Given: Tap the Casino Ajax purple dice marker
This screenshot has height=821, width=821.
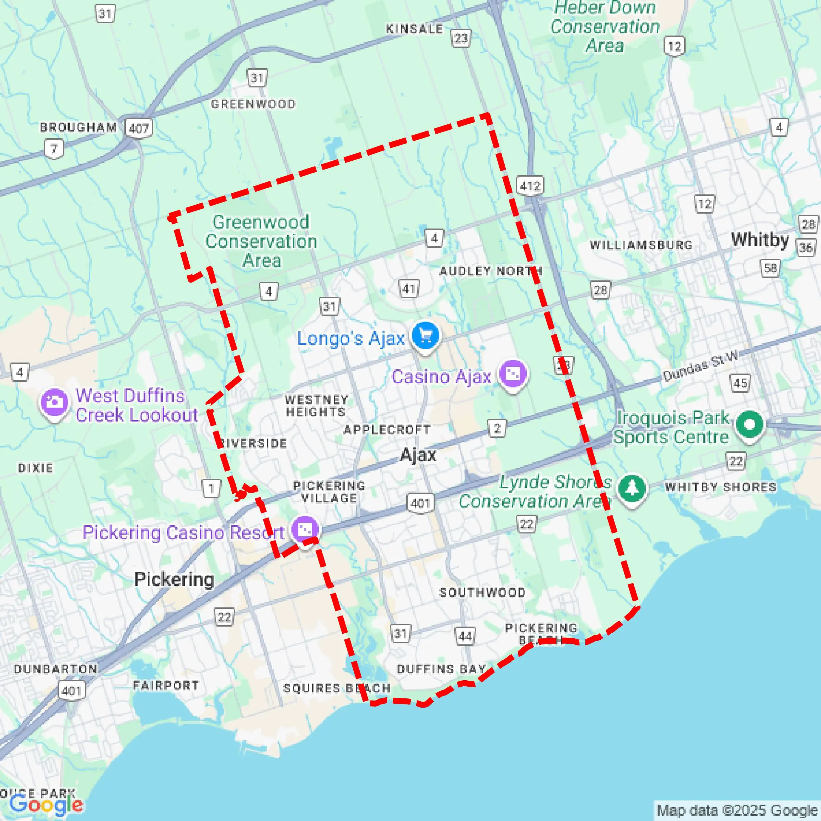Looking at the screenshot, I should (x=513, y=374).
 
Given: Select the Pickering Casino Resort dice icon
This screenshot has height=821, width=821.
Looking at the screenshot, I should (x=305, y=530).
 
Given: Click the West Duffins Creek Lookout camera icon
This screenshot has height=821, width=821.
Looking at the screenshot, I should (x=54, y=402).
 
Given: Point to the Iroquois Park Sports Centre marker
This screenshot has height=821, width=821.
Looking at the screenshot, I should (x=750, y=424).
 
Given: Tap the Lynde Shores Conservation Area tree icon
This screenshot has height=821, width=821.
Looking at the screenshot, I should (x=632, y=488).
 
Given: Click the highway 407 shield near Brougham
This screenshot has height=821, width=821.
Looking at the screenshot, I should (x=139, y=128).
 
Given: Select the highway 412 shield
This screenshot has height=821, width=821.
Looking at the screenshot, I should (x=530, y=186).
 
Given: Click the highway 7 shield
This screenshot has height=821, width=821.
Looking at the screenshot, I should (x=54, y=149).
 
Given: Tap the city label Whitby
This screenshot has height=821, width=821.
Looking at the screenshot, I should (x=760, y=240).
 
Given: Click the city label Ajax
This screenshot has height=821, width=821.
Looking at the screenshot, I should (x=418, y=455).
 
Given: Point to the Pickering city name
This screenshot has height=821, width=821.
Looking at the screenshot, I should (x=174, y=579).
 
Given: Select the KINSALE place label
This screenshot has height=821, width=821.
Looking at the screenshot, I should (x=414, y=29).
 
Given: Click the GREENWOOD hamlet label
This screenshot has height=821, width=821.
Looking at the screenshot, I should (x=253, y=104).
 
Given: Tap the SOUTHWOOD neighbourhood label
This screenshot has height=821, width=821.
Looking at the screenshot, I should (x=482, y=592).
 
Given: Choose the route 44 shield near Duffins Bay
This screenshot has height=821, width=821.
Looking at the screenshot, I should (x=465, y=636).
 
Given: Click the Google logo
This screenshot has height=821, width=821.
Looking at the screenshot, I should (x=46, y=804).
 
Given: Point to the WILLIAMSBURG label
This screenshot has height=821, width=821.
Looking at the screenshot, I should (x=641, y=245).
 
